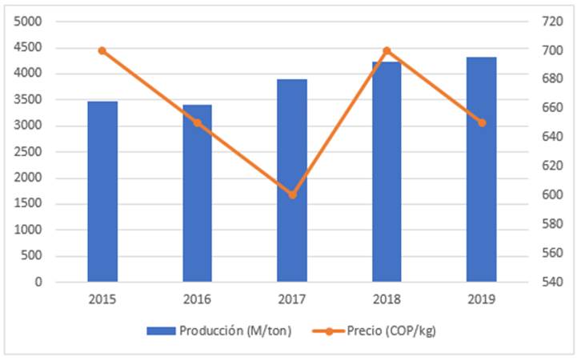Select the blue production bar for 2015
tap(102, 192)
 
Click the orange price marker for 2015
tap(102, 50)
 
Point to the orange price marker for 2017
tap(292, 194)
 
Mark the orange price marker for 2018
tap(387, 50)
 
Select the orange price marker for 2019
tap(482, 122)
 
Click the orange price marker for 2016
tap(197, 122)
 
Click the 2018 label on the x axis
tap(387, 299)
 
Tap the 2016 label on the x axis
tap(197, 299)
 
